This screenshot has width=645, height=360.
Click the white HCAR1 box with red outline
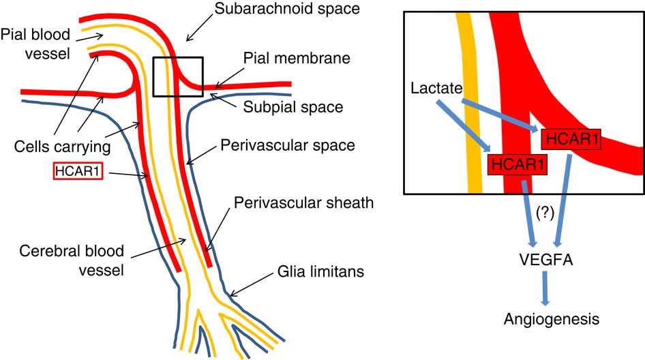pos(77,170)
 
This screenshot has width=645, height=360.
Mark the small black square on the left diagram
pos(177,76)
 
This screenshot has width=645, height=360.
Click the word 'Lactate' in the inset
pos(436,89)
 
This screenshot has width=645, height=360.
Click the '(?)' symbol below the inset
pos(544,211)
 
